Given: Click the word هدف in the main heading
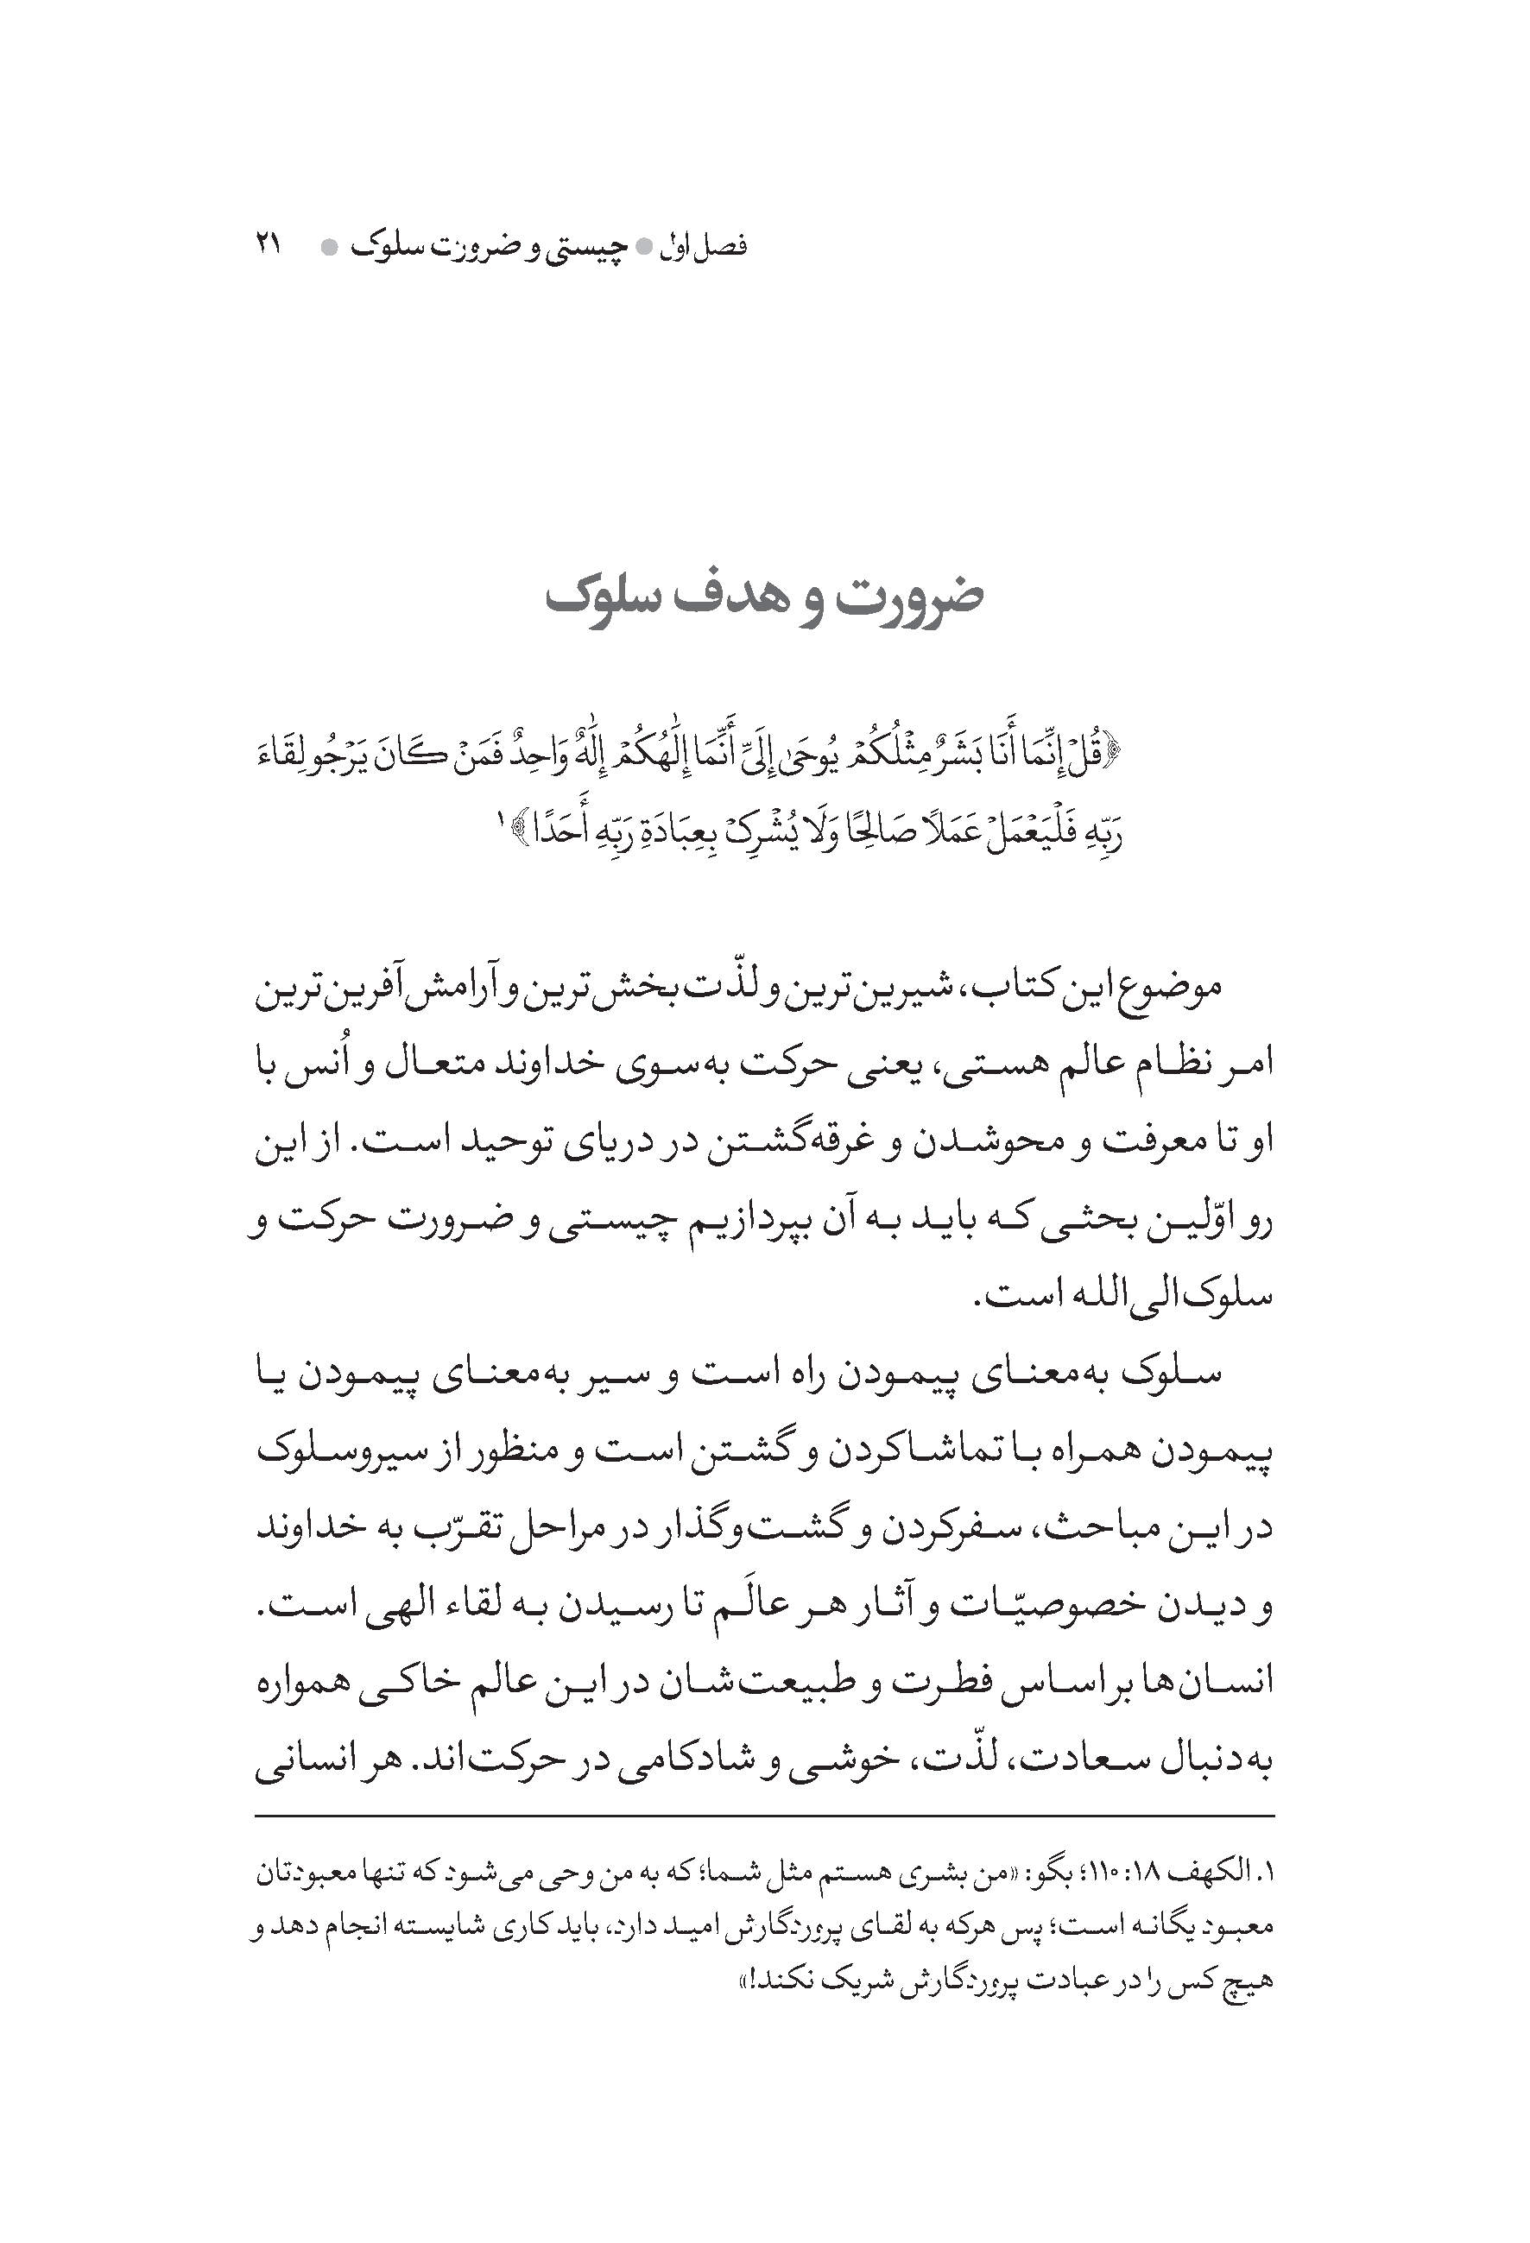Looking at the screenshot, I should point(744,597).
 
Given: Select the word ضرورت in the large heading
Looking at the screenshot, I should point(907,597).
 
